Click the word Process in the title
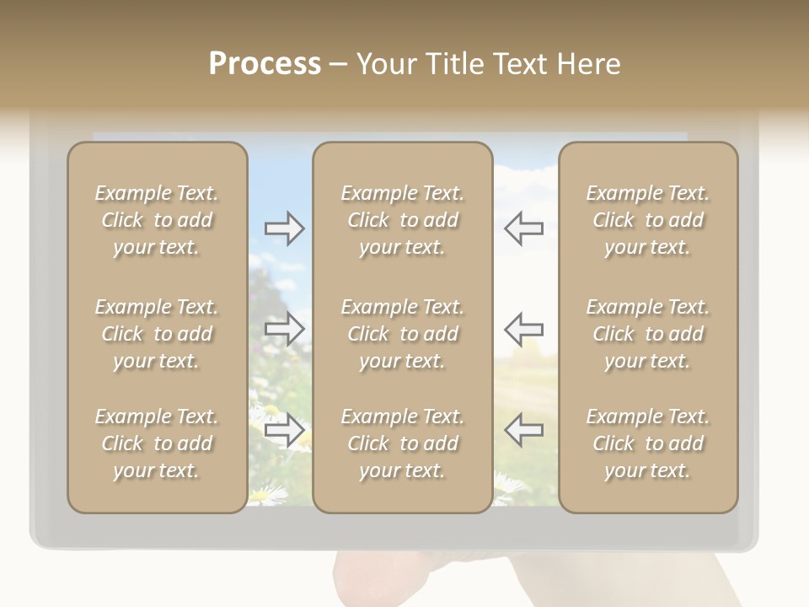coord(265,64)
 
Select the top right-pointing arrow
coord(285,228)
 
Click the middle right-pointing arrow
coord(285,329)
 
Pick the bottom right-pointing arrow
coord(285,430)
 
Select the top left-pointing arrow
coord(524,228)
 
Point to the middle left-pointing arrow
coord(524,329)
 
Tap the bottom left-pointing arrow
coord(524,430)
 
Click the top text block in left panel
coord(157,220)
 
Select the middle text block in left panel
coord(157,334)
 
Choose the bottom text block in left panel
coord(157,443)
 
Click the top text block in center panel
coord(402,220)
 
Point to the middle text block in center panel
coord(402,334)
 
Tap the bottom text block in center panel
coord(402,443)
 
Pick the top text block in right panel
coord(647,220)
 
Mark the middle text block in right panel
coord(647,334)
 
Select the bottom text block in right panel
coord(647,443)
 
